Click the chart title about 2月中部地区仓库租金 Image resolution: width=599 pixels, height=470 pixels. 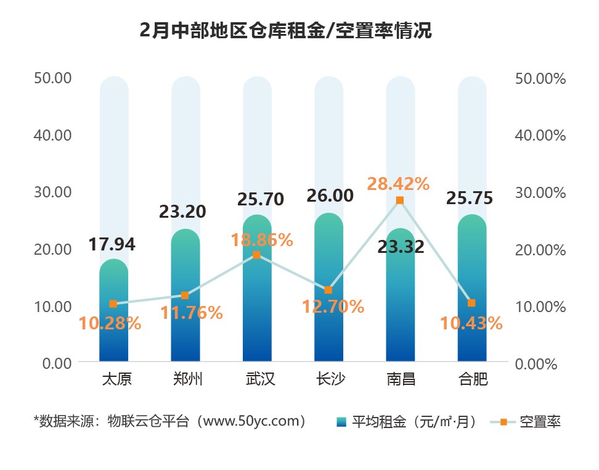[286, 30]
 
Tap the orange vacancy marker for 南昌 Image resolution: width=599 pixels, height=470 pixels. [400, 200]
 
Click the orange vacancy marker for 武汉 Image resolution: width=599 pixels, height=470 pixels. [256, 255]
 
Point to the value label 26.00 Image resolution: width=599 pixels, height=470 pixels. [330, 196]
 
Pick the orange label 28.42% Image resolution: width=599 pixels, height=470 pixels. [398, 183]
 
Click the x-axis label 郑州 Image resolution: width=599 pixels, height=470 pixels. [185, 379]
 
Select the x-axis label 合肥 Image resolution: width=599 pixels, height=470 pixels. [472, 379]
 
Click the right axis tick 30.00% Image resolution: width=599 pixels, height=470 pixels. [540, 192]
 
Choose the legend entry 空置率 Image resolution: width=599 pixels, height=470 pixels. [539, 422]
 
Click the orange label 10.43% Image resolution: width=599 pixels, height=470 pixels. [471, 323]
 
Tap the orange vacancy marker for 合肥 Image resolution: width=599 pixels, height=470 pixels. [471, 303]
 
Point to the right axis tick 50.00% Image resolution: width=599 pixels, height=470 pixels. [540, 78]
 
